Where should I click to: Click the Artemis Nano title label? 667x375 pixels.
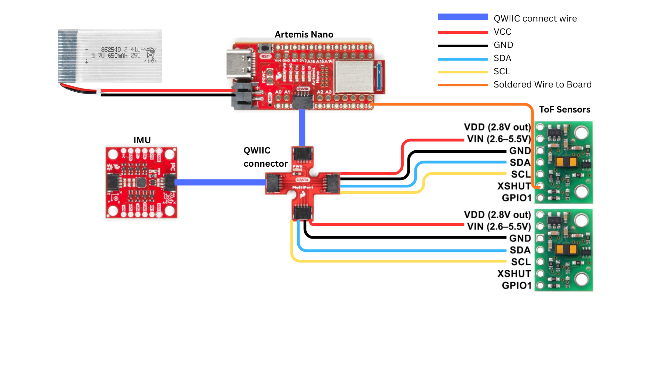[304, 34]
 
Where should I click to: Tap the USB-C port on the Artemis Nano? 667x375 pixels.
[239, 65]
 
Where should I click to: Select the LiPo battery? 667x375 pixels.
[110, 56]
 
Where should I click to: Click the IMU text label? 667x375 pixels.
[142, 140]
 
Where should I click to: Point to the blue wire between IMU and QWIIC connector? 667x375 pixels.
[221, 182]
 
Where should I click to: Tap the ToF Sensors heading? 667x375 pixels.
[565, 109]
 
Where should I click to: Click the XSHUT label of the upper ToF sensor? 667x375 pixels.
[514, 186]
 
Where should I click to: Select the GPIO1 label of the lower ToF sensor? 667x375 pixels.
[517, 285]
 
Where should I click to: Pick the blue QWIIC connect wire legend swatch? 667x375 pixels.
[463, 17]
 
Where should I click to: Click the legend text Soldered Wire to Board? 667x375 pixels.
[542, 84]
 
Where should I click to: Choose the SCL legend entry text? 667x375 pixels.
[502, 71]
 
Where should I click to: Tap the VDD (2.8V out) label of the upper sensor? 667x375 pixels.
[497, 127]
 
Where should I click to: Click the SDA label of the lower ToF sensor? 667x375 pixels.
[520, 250]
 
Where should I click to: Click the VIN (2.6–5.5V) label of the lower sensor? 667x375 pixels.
[499, 226]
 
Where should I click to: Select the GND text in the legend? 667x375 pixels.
[503, 45]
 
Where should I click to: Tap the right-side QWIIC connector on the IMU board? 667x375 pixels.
[170, 182]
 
